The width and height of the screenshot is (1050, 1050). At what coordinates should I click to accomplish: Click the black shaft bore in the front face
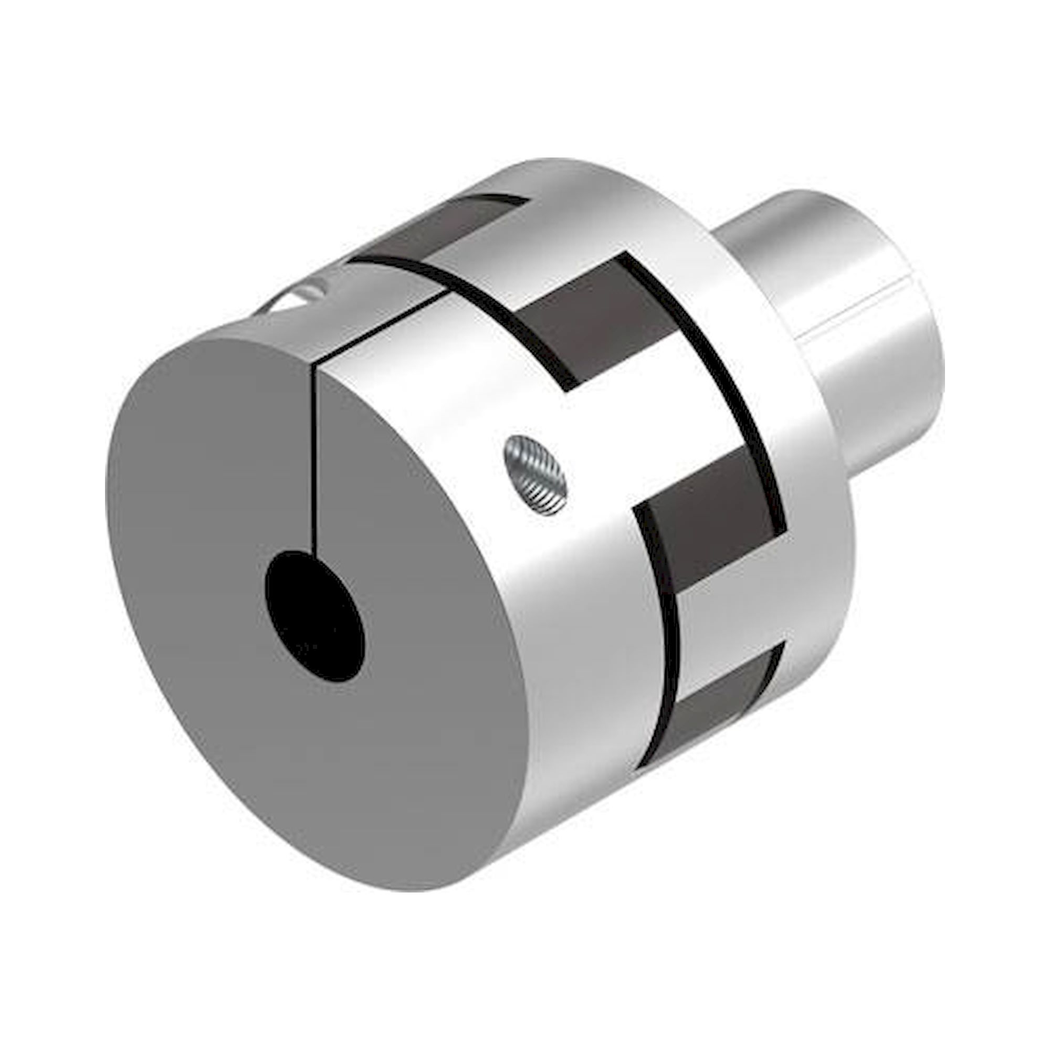(x=314, y=617)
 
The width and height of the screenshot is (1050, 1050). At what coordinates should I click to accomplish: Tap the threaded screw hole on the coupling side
(x=535, y=475)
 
